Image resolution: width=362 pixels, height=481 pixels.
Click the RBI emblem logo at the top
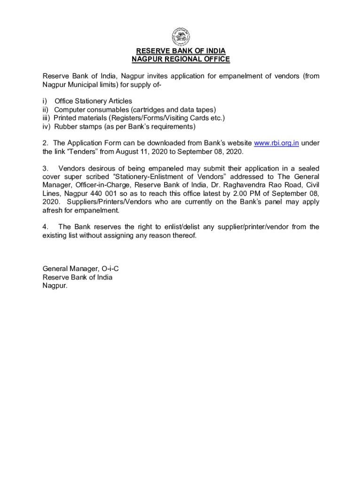tap(181, 36)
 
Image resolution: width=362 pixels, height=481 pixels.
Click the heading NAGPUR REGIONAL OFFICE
tap(181, 59)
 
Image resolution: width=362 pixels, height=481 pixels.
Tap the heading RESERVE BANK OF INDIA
tap(181, 51)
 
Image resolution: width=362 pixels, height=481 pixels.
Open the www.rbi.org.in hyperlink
tap(276, 143)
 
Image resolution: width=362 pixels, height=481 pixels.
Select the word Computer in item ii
tap(71, 109)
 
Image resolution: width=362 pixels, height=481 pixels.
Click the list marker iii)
tap(47, 118)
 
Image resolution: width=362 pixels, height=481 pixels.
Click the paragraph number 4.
tap(45, 227)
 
